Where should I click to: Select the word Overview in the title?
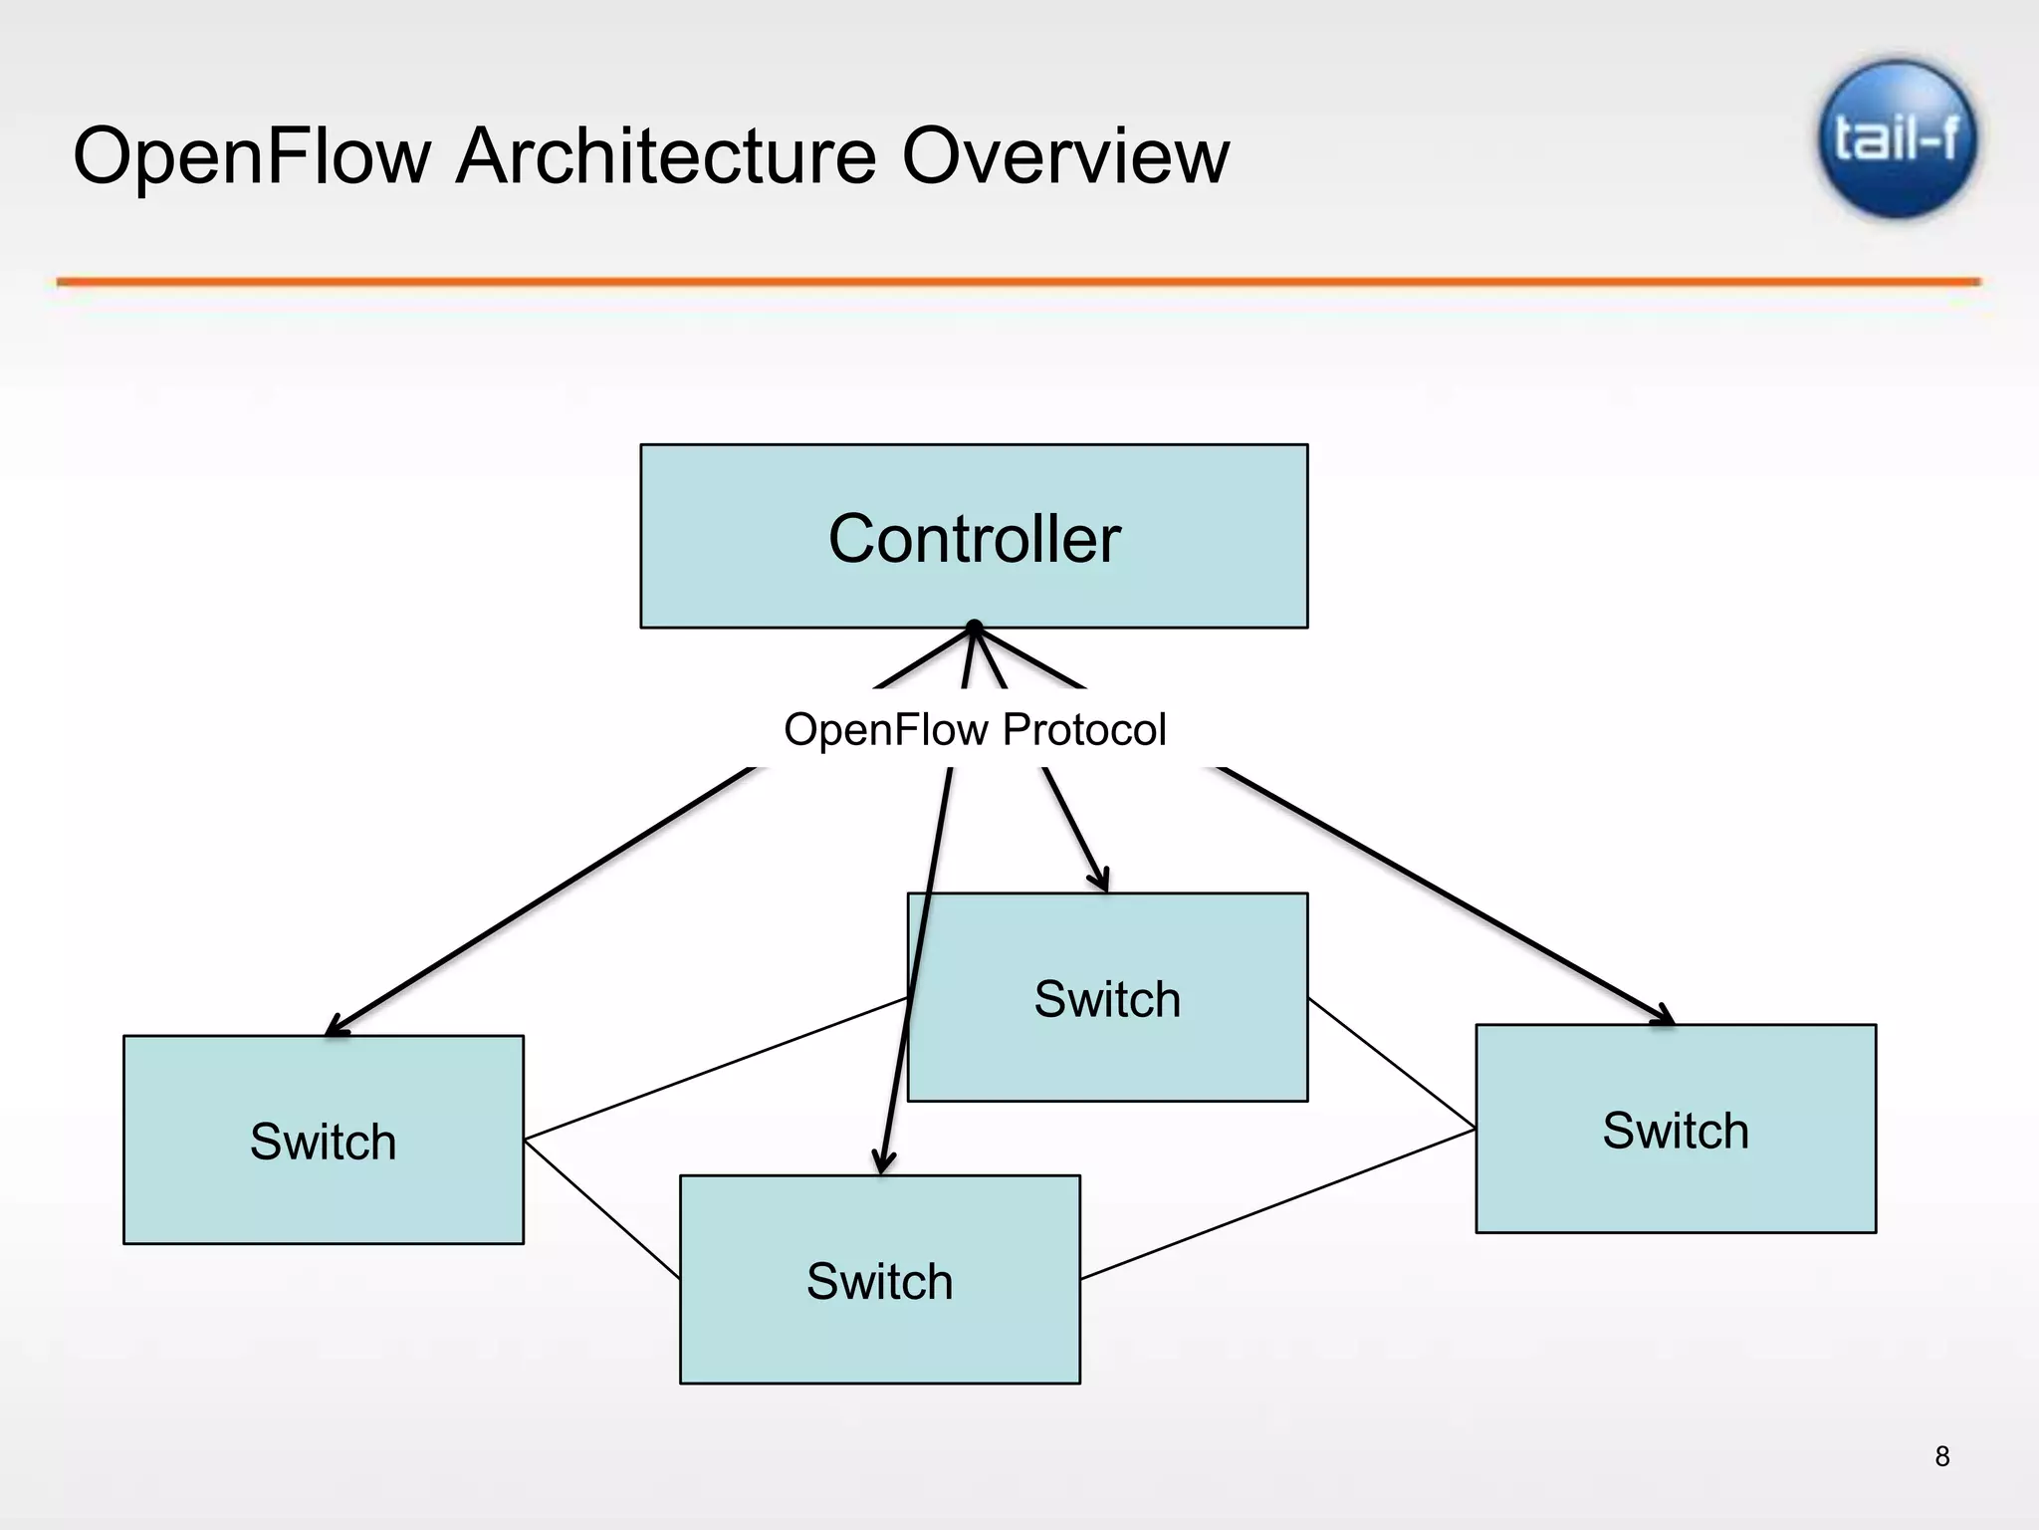[1065, 156]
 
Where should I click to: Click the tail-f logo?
[1897, 138]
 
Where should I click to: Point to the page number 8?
[1941, 1456]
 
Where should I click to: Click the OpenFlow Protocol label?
[974, 729]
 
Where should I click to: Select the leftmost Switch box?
[323, 1140]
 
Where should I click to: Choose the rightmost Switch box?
[1676, 1129]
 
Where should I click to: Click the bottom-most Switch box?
[879, 1280]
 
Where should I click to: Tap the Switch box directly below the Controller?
[1107, 997]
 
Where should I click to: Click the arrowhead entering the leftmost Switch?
[337, 1027]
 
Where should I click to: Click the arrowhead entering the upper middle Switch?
[1101, 881]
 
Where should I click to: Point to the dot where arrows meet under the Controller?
[975, 628]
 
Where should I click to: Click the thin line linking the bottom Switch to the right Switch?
[1277, 1204]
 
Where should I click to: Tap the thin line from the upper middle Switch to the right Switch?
[1391, 1063]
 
